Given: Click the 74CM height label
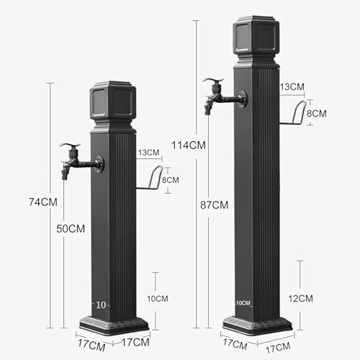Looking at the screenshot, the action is pyautogui.click(x=43, y=202).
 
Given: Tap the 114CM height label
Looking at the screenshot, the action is pyautogui.click(x=189, y=145).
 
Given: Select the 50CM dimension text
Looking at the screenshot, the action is pyautogui.click(x=71, y=229).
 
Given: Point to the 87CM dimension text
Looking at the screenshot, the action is pyautogui.click(x=215, y=205).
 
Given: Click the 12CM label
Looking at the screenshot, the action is pyautogui.click(x=301, y=299).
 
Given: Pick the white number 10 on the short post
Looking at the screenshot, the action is pyautogui.click(x=101, y=305).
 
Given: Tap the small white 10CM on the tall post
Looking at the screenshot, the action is pyautogui.click(x=243, y=303).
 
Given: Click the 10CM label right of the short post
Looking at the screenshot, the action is pyautogui.click(x=158, y=299).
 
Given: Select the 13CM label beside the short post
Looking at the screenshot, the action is pyautogui.click(x=149, y=153).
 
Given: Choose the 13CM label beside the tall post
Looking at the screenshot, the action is pyautogui.click(x=292, y=86).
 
